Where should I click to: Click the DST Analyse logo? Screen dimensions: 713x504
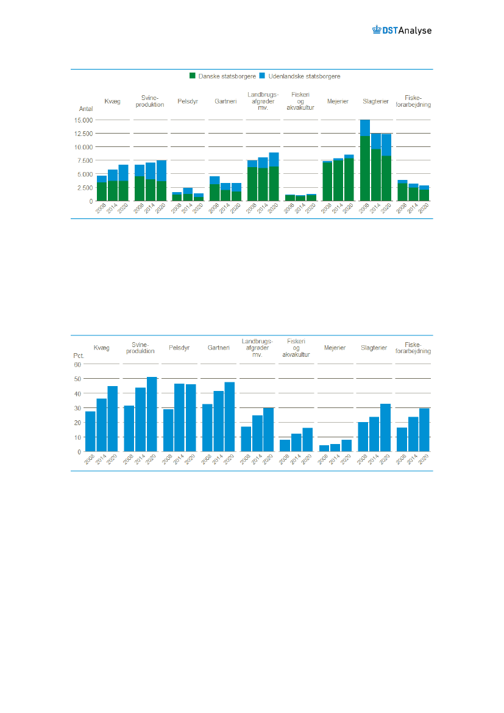(x=402, y=30)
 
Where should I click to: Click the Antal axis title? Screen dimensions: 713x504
(x=85, y=109)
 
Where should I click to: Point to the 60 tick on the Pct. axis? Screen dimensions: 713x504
(x=77, y=364)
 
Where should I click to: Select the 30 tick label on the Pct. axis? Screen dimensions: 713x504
(x=77, y=408)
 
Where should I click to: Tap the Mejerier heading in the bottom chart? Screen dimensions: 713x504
(x=335, y=348)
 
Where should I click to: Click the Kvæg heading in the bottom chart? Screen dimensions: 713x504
(x=101, y=348)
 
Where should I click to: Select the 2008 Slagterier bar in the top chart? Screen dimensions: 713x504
(x=365, y=160)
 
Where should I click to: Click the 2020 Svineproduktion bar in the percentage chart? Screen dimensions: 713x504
(x=152, y=414)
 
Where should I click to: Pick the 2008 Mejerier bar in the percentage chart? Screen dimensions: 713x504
(x=324, y=448)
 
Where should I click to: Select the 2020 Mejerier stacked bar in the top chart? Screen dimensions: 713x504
(x=349, y=178)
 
